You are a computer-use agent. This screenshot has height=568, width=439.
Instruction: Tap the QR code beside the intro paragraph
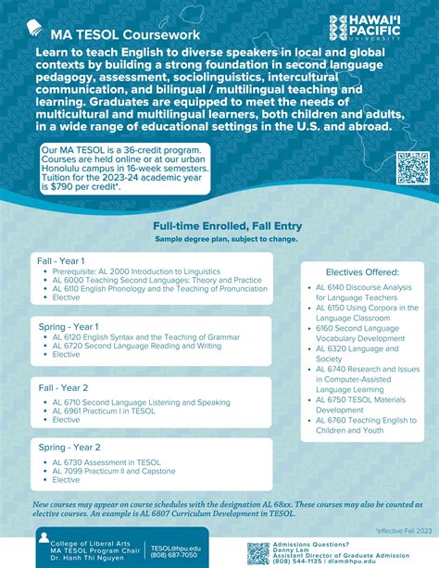point(412,167)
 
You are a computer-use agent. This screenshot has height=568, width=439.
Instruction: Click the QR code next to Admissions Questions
point(258,551)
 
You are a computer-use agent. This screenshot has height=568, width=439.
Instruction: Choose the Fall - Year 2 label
point(63,387)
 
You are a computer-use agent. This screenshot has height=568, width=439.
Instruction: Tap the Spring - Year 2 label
point(69,448)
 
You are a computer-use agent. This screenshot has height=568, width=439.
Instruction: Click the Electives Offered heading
point(362,272)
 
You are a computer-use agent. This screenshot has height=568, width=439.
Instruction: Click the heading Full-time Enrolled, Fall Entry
point(219,225)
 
